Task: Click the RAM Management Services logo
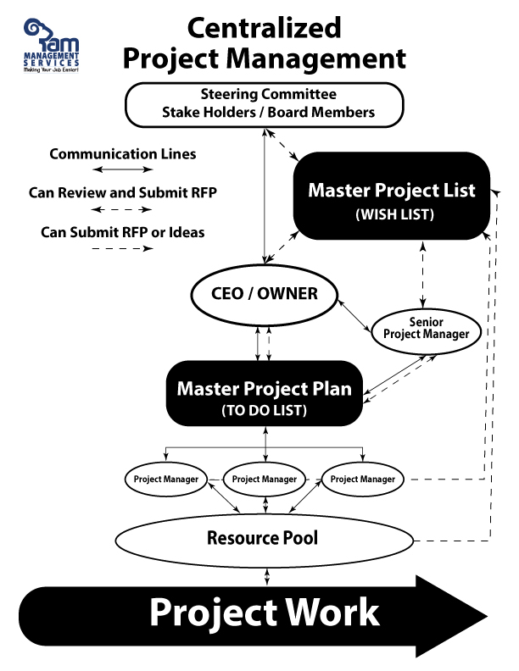pos(53,50)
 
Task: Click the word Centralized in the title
pos(264,28)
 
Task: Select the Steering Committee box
pos(263,103)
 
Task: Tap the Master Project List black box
pos(391,194)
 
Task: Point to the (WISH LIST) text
pos(392,215)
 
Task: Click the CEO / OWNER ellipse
pos(264,294)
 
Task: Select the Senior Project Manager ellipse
pos(426,328)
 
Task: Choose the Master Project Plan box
pos(264,395)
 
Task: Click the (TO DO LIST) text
pos(264,410)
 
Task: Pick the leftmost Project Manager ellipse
pos(166,479)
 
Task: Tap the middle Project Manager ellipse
pos(264,479)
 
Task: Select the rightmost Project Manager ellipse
pos(362,479)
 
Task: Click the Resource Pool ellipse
pos(267,538)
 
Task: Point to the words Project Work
pos(265,612)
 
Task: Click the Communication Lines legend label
pos(123,154)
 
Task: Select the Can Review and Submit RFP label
pos(123,192)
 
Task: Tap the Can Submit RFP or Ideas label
pos(123,231)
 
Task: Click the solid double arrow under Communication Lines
pos(124,171)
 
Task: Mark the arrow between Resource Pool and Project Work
pos(268,576)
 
